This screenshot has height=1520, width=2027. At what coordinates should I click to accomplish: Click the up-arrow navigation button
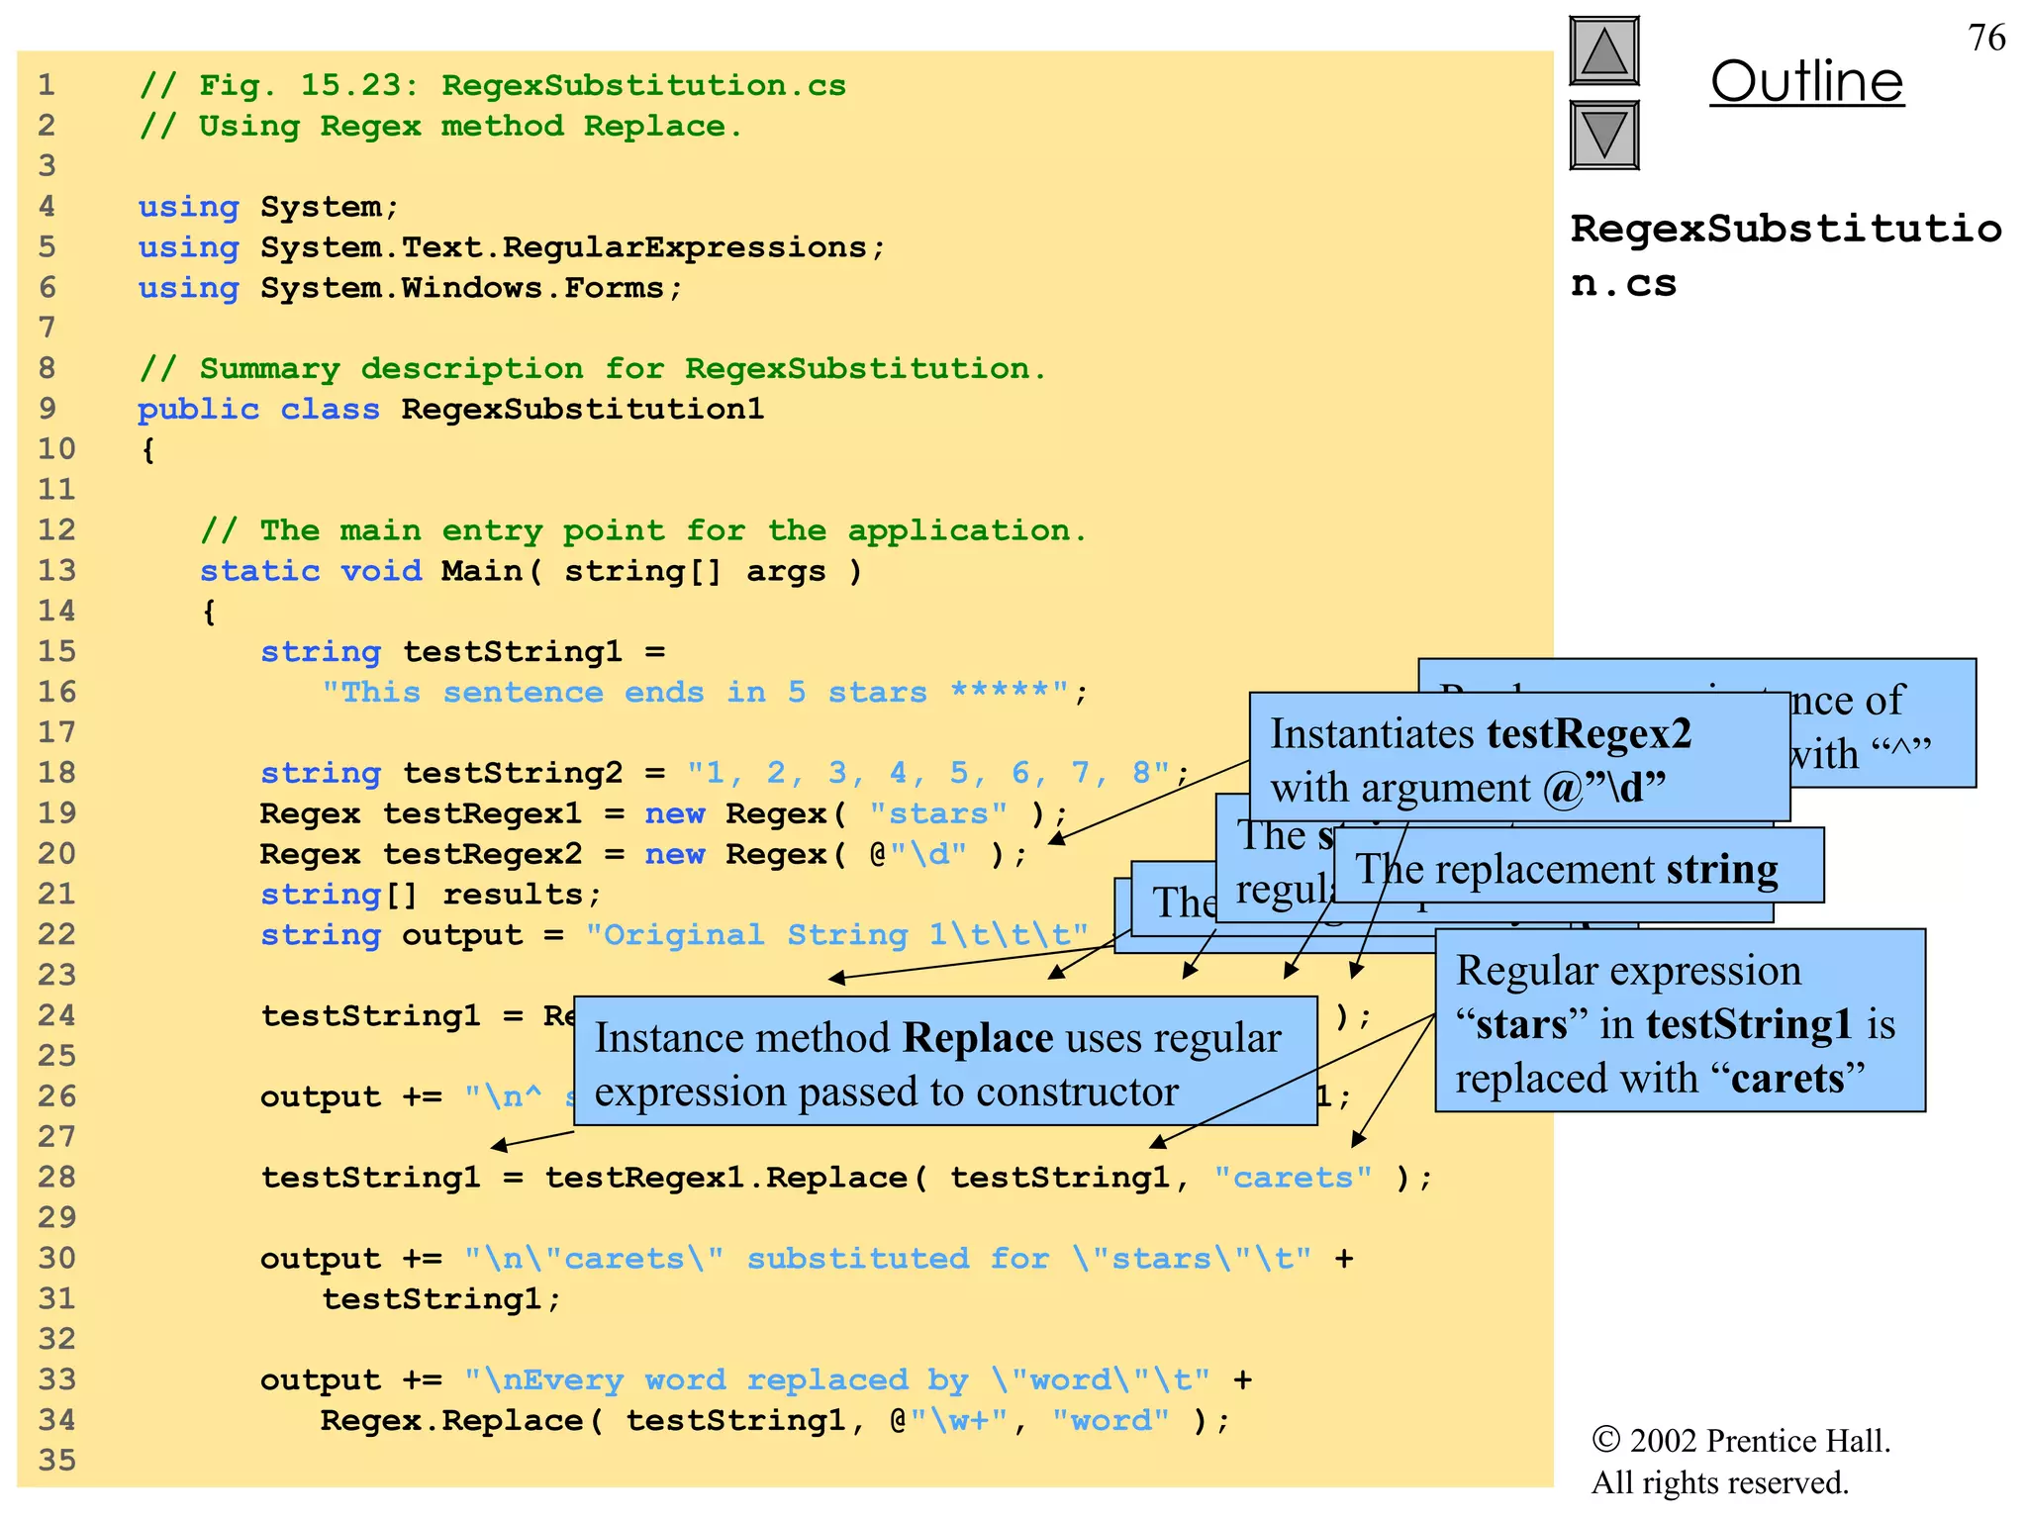1603,51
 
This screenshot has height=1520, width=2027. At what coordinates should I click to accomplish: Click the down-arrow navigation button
1603,136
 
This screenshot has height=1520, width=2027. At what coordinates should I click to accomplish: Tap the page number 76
1986,38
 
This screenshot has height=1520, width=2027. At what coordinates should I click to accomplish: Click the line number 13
56,571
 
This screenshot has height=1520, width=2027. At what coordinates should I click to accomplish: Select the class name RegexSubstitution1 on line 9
582,409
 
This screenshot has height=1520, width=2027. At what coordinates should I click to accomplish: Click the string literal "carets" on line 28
1293,1178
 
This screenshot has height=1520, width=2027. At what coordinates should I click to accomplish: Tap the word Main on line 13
482,571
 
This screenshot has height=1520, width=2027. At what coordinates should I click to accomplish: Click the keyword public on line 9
198,409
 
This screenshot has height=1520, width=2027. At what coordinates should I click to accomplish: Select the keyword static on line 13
259,571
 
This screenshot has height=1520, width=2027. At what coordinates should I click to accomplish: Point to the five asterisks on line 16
1000,692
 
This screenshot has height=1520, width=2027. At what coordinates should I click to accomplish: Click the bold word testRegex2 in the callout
1589,734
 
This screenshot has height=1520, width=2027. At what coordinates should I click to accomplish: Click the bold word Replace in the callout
978,1038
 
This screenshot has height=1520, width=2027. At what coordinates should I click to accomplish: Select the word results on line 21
513,895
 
